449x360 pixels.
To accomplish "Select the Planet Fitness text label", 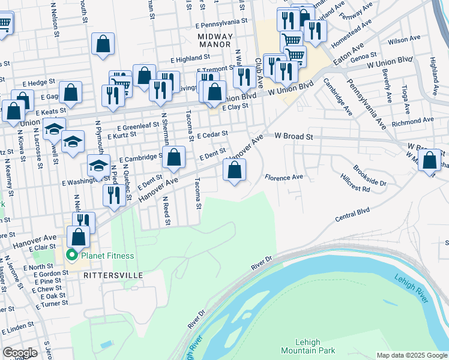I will pyautogui.click(x=108, y=256).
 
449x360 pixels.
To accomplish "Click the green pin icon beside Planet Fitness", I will pyautogui.click(x=72, y=256).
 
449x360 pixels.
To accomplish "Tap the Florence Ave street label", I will pyautogui.click(x=284, y=177).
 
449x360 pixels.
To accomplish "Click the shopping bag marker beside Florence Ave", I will pyautogui.click(x=235, y=170).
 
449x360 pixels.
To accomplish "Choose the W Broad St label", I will pyautogui.click(x=294, y=137).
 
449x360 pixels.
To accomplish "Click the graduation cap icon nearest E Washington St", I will pyautogui.click(x=98, y=166).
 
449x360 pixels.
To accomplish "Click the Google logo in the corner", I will pyautogui.click(x=20, y=353).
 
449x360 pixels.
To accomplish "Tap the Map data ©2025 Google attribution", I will pyautogui.click(x=411, y=355).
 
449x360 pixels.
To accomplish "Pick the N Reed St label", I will pyautogui.click(x=167, y=214).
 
